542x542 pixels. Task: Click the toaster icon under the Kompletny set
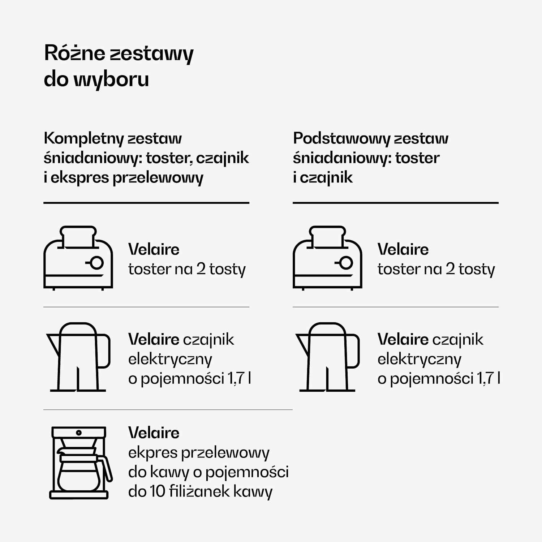coord(78,258)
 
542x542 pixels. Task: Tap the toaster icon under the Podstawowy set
coord(327,258)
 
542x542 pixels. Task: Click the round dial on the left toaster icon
coord(96,263)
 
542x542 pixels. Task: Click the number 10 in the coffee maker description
coord(157,491)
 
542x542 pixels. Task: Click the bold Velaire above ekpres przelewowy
coord(154,433)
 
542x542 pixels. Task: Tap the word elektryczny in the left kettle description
coord(170,360)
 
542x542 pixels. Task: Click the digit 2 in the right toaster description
coord(450,269)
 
